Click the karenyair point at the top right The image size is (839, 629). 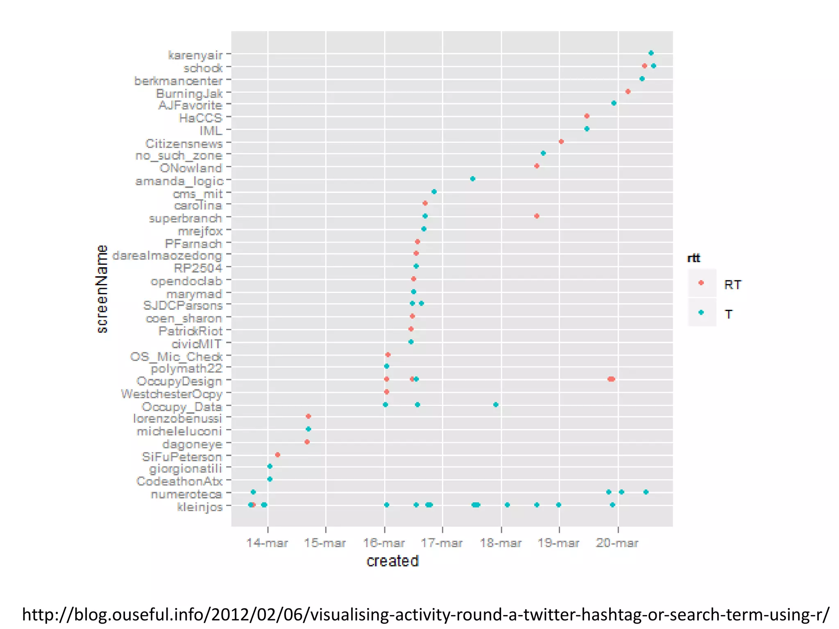pyautogui.click(x=651, y=53)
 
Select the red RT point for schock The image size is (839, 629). pyautogui.click(x=644, y=66)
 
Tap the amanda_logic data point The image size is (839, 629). pyautogui.click(x=472, y=179)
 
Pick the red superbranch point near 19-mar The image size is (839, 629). pyautogui.click(x=537, y=216)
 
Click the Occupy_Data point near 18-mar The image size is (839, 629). pyautogui.click(x=496, y=405)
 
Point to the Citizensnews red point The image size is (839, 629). pyautogui.click(x=561, y=142)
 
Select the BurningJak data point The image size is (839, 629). pyautogui.click(x=628, y=92)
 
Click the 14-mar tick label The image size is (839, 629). pyautogui.click(x=267, y=543)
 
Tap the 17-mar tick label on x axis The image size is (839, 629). pyautogui.click(x=442, y=543)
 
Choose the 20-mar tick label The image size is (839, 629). pyautogui.click(x=617, y=543)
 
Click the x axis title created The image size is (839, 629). pyautogui.click(x=392, y=561)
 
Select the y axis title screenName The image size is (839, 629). pyautogui.click(x=102, y=289)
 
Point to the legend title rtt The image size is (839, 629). pyautogui.click(x=694, y=258)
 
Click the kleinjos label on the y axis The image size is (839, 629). pyautogui.click(x=200, y=507)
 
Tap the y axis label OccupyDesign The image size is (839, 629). pyautogui.click(x=179, y=381)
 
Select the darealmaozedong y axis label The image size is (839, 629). pyautogui.click(x=167, y=256)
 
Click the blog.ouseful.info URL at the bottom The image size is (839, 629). pyautogui.click(x=425, y=614)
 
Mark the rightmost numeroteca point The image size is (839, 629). pyautogui.click(x=646, y=492)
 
